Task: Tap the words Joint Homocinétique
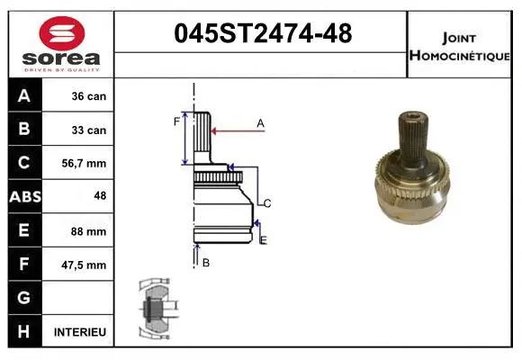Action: (459, 46)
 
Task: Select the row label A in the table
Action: (22, 96)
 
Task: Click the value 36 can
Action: (89, 96)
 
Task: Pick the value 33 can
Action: (89, 130)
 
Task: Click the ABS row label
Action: (22, 197)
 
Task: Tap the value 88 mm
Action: (90, 231)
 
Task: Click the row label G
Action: (22, 298)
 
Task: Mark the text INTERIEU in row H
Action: (80, 332)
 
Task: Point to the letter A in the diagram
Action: (260, 122)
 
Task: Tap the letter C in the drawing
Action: (266, 203)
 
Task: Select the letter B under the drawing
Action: (205, 262)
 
